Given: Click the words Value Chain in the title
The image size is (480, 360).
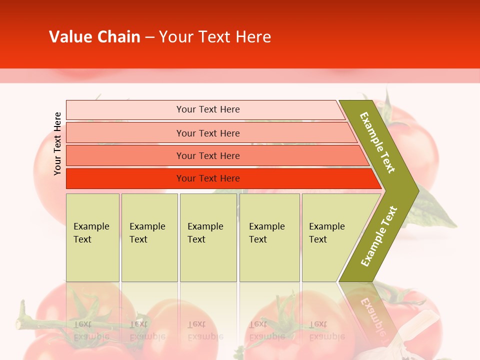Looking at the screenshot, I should pos(94,37).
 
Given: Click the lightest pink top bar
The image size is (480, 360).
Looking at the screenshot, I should pos(125,110).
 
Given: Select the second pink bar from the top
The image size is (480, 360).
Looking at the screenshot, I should pos(125,133).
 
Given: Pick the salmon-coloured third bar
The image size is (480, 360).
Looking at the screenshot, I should pos(125,156).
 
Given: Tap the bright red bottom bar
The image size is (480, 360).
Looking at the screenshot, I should pos(125,178).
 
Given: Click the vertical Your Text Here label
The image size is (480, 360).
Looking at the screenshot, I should pos(57,143).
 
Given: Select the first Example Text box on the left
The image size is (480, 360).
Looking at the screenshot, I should pos(92,237).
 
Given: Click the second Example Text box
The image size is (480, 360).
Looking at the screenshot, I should pos(149,237).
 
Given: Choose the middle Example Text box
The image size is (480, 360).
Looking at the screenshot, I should pos(208,237).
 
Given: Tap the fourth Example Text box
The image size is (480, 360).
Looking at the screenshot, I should pos(269,237).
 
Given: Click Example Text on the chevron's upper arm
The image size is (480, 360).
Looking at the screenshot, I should pos(377,142).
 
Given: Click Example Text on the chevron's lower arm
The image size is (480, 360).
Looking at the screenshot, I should pos(379,236).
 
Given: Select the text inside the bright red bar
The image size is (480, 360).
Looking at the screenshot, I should pos(208,178).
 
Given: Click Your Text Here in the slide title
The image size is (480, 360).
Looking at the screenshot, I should pos(215,37).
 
